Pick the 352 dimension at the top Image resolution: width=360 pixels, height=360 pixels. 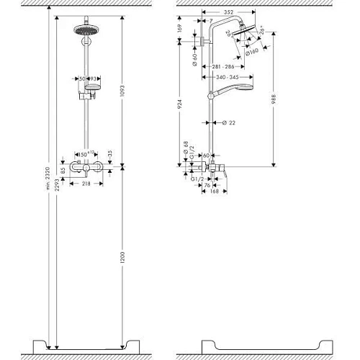coord(230,12)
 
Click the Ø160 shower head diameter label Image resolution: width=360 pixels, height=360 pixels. coord(253,51)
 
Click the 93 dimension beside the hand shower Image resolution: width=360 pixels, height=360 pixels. coord(94,78)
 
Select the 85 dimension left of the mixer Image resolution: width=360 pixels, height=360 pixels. coord(63,172)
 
